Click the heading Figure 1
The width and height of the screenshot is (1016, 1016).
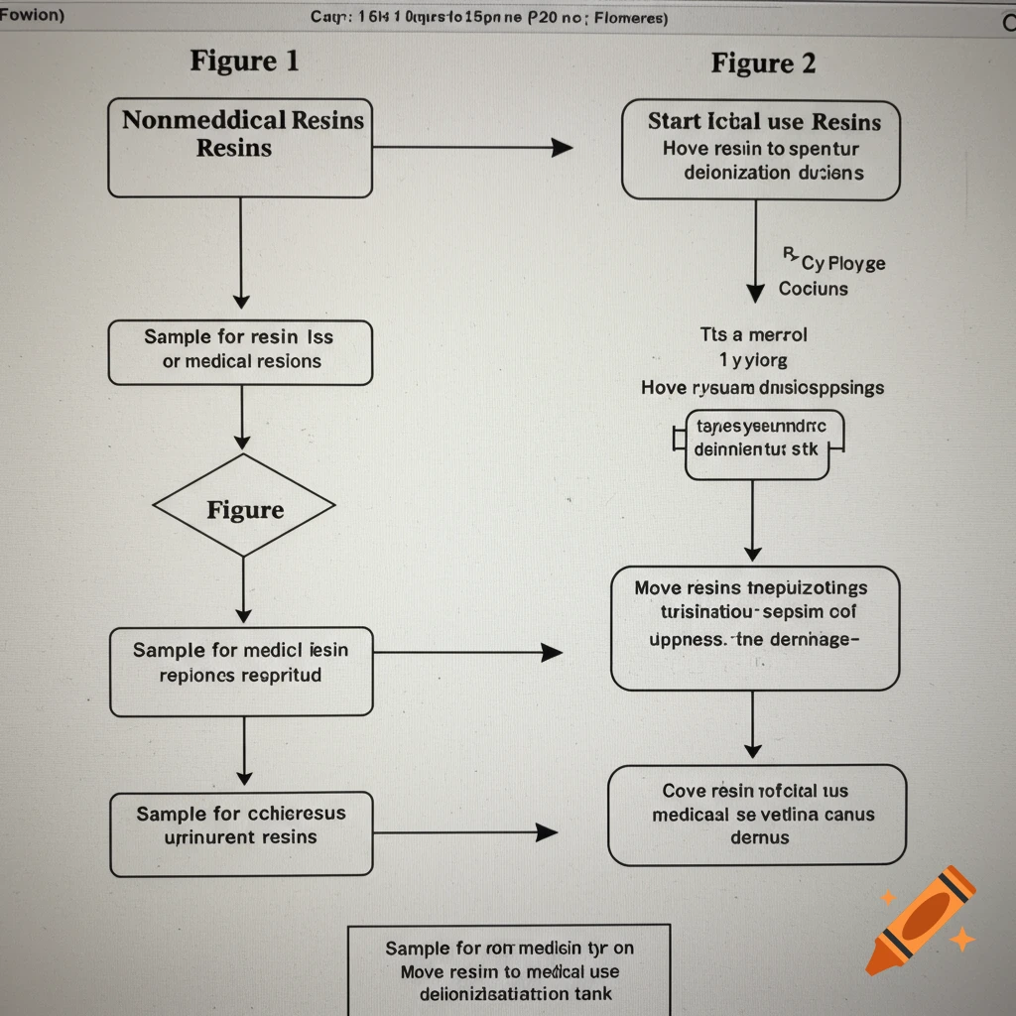coord(244,61)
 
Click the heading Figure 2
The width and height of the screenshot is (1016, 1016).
coord(763,63)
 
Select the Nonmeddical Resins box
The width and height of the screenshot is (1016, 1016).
coord(240,147)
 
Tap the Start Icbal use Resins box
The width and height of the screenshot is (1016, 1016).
coord(761,149)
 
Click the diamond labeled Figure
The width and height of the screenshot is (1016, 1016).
coord(244,510)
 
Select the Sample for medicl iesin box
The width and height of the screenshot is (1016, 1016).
coord(241,671)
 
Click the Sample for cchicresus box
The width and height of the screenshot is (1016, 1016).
coord(241,833)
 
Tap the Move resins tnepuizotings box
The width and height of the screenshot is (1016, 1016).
coord(754,627)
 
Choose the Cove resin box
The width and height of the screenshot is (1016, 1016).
coord(756,815)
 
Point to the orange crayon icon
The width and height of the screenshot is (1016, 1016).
coord(919,919)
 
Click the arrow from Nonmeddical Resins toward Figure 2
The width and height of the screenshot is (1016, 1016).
coord(471,148)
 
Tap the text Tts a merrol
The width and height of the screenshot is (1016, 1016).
coord(753,334)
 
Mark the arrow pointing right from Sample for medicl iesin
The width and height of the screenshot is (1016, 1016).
coord(466,652)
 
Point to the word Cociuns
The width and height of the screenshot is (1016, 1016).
coord(813,289)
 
